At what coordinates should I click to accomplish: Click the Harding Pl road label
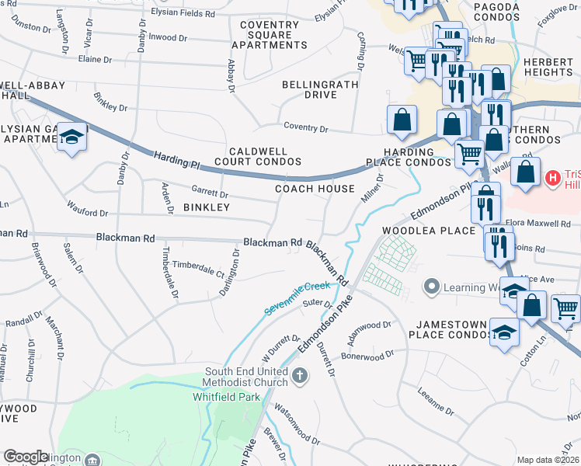(177, 160)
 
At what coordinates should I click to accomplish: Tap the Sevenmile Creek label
(297, 297)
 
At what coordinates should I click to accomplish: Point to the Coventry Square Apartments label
(269, 35)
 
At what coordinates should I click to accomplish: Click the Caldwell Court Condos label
(257, 156)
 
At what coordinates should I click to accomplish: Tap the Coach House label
(315, 189)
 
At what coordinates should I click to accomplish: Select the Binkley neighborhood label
(207, 207)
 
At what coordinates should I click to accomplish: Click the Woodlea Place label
(428, 231)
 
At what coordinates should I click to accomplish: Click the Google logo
(26, 457)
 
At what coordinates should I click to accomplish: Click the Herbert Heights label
(548, 67)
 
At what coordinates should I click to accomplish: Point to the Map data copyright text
(548, 460)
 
